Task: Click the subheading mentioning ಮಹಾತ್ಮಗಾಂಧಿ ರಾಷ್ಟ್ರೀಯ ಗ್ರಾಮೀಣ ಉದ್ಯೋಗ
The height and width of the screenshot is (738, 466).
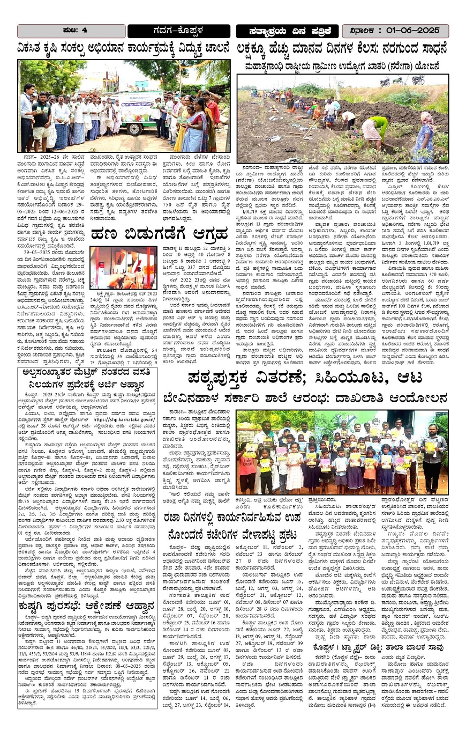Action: [x=343, y=67]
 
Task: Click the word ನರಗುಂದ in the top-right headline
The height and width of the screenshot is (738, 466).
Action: [x=382, y=49]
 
